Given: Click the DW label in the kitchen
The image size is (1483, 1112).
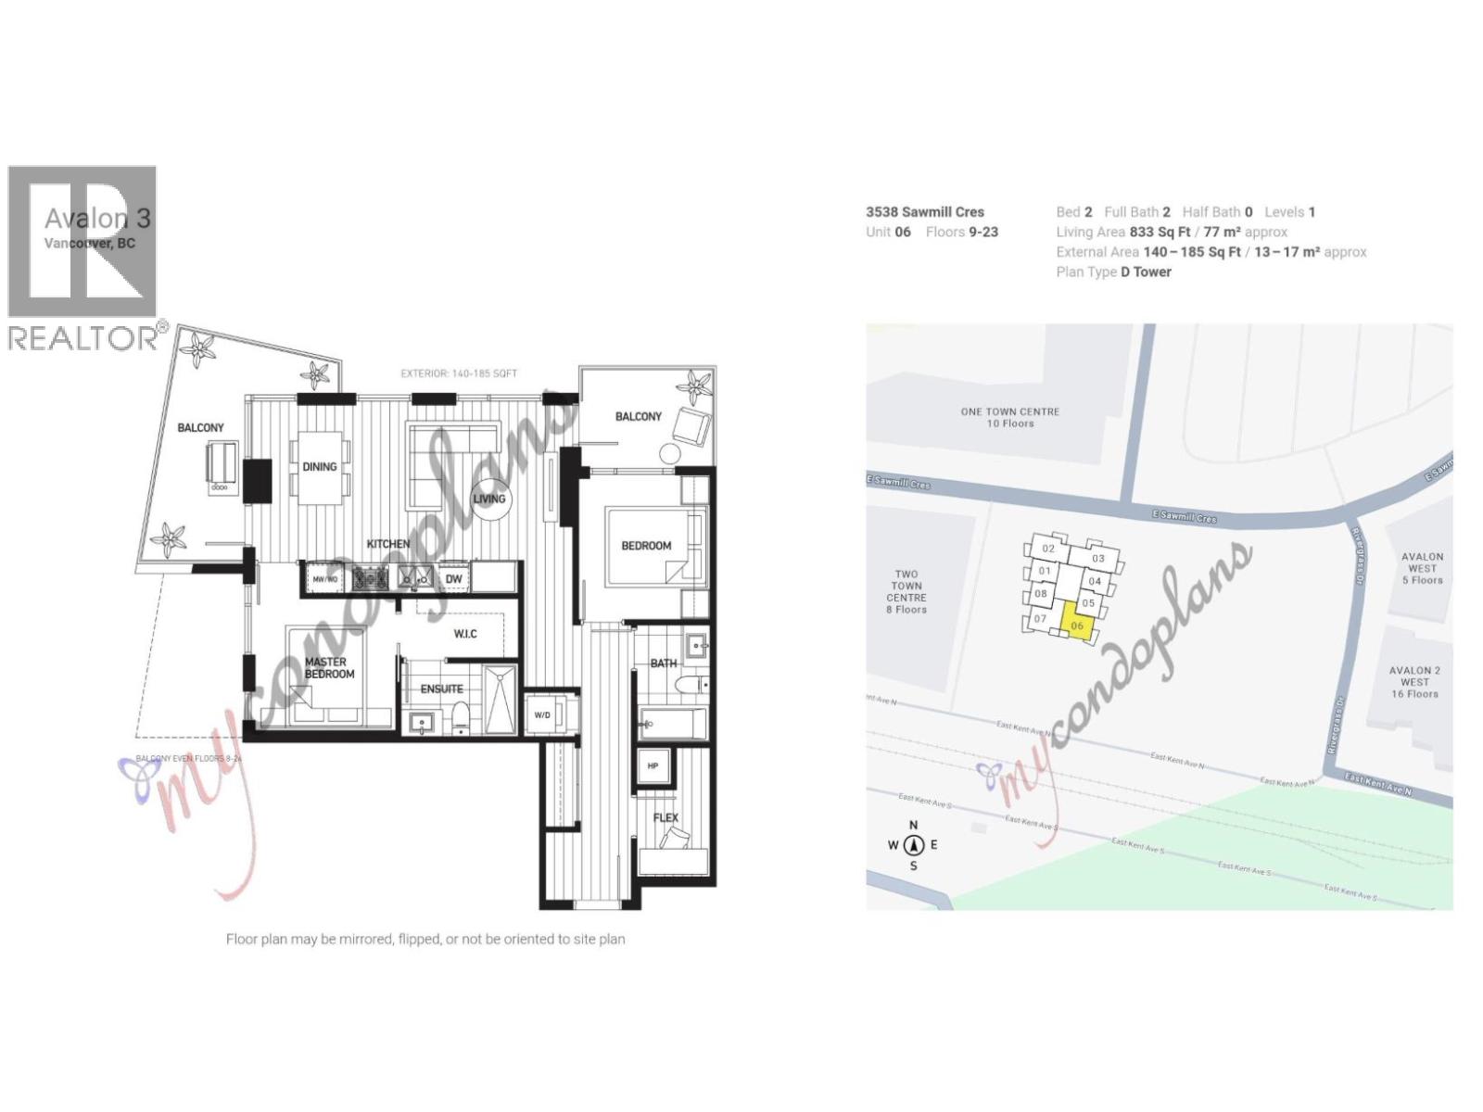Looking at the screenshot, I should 453,579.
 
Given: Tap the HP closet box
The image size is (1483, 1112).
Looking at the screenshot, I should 653,766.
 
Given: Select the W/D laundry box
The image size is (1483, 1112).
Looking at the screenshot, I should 542,715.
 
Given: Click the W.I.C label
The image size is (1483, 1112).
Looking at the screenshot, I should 465,634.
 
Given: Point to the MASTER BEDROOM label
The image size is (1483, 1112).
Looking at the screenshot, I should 329,668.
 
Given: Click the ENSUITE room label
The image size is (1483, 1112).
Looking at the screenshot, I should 441,689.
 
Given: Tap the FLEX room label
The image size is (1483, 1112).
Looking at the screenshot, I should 665,817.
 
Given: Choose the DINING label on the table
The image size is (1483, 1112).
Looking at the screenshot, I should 320,467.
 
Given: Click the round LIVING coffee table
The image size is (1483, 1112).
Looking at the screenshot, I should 489,499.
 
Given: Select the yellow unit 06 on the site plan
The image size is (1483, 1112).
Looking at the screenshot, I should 1076,622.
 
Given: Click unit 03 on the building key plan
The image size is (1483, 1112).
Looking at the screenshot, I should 1098,559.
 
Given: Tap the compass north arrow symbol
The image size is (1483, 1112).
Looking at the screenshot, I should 914,844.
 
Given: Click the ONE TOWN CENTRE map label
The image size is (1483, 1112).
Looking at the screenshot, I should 1009,417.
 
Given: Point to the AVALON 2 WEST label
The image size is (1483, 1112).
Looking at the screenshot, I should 1414,682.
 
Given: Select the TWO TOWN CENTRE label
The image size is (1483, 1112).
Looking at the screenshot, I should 906,591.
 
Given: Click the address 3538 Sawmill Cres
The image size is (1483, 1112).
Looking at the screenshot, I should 925,212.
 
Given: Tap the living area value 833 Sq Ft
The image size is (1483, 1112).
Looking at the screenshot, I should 1160,232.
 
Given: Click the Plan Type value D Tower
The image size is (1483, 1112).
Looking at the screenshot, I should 1146,272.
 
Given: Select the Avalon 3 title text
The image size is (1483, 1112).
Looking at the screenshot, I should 97,219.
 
